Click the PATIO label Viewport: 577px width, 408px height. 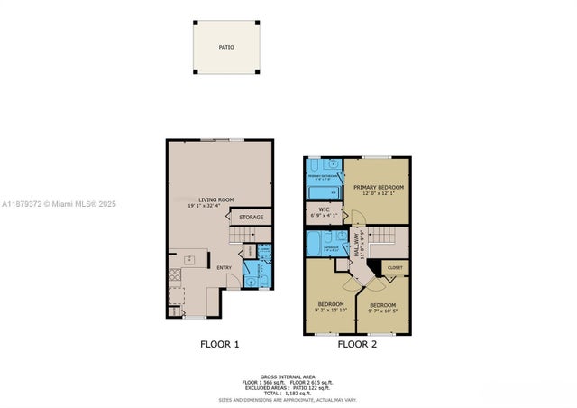(226, 47)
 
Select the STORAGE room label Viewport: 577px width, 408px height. (252, 218)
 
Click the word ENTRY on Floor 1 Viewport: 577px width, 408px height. (224, 266)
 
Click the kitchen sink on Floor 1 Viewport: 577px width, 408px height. (191, 261)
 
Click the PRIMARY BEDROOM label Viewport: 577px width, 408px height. (378, 187)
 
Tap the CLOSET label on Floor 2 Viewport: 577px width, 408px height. (394, 268)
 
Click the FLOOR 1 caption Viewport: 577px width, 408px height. (219, 344)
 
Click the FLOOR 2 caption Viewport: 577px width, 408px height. (358, 344)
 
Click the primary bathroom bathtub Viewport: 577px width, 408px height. (322, 192)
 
